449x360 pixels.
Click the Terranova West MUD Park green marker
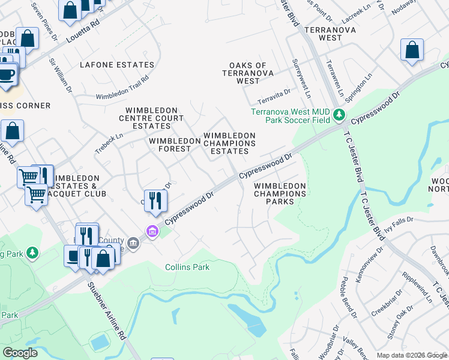340,114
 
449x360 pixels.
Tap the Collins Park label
187,267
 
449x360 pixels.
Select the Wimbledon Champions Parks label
280,194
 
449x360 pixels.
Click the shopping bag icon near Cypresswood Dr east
412,51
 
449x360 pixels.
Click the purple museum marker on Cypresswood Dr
152,231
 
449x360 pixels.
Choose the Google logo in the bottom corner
20,353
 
